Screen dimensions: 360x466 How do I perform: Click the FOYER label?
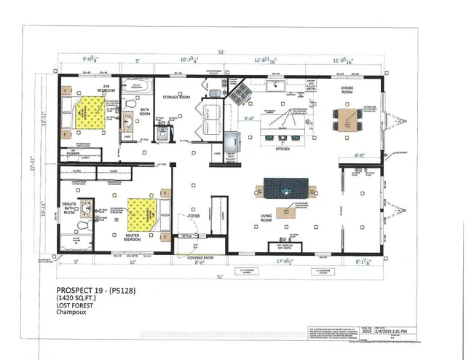(193, 216)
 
